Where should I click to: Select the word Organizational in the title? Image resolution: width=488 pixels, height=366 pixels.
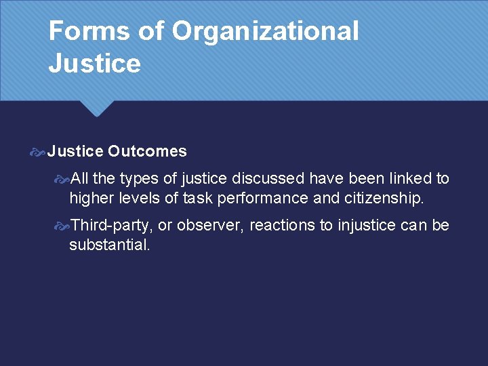point(265,31)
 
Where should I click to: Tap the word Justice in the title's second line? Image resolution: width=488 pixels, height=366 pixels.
point(95,64)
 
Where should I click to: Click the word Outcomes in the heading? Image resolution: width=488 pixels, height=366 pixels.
point(147,151)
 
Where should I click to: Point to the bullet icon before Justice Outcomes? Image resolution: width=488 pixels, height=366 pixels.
point(38,152)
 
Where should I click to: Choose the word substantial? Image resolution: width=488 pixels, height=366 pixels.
point(109,245)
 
